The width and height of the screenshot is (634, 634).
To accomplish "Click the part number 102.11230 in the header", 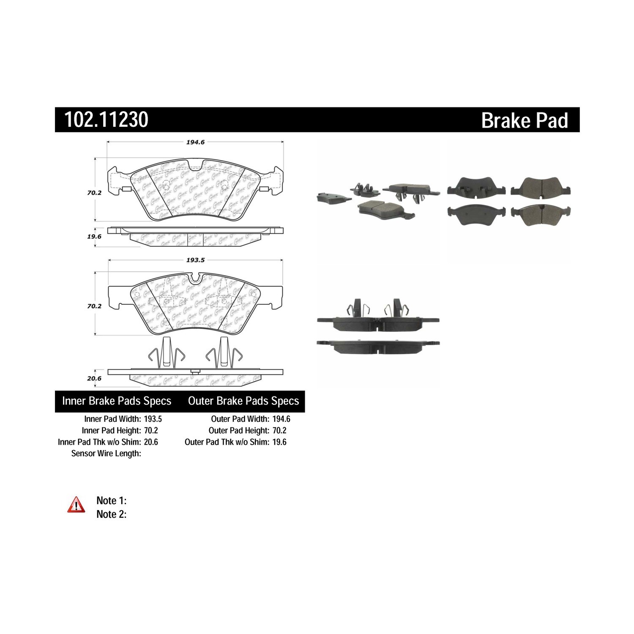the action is [x=106, y=120].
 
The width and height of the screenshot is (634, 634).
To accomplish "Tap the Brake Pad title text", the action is [x=525, y=120].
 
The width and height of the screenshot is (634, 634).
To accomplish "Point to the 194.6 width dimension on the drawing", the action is [x=195, y=142].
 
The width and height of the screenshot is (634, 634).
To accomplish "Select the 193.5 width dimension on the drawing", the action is [x=195, y=260].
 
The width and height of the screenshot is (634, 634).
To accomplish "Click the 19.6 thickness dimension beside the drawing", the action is [x=94, y=237].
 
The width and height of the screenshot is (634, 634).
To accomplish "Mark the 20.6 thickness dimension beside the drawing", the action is [x=94, y=379].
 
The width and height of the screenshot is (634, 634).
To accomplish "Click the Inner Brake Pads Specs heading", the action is [x=117, y=401].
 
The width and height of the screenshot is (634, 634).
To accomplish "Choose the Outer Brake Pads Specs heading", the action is [x=243, y=401].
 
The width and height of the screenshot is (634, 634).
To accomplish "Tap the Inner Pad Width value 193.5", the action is [x=153, y=419].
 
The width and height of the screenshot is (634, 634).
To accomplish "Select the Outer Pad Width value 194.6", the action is [x=281, y=419].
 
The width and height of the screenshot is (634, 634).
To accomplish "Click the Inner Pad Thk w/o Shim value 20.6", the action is [x=151, y=442].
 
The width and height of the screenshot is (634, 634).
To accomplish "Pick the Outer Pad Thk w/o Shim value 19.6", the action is [x=279, y=442].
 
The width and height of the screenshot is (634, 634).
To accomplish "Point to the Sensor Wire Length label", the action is [x=106, y=454].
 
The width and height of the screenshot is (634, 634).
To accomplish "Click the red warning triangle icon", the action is [x=76, y=505].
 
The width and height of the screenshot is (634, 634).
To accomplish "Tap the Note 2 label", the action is [x=112, y=514].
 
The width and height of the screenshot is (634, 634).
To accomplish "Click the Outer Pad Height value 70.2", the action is [x=279, y=430].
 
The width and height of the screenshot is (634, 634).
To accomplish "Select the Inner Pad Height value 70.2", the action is [x=151, y=430].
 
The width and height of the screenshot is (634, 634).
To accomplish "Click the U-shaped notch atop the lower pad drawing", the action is [x=196, y=279].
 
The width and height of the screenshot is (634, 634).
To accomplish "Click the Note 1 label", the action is [x=112, y=501].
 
